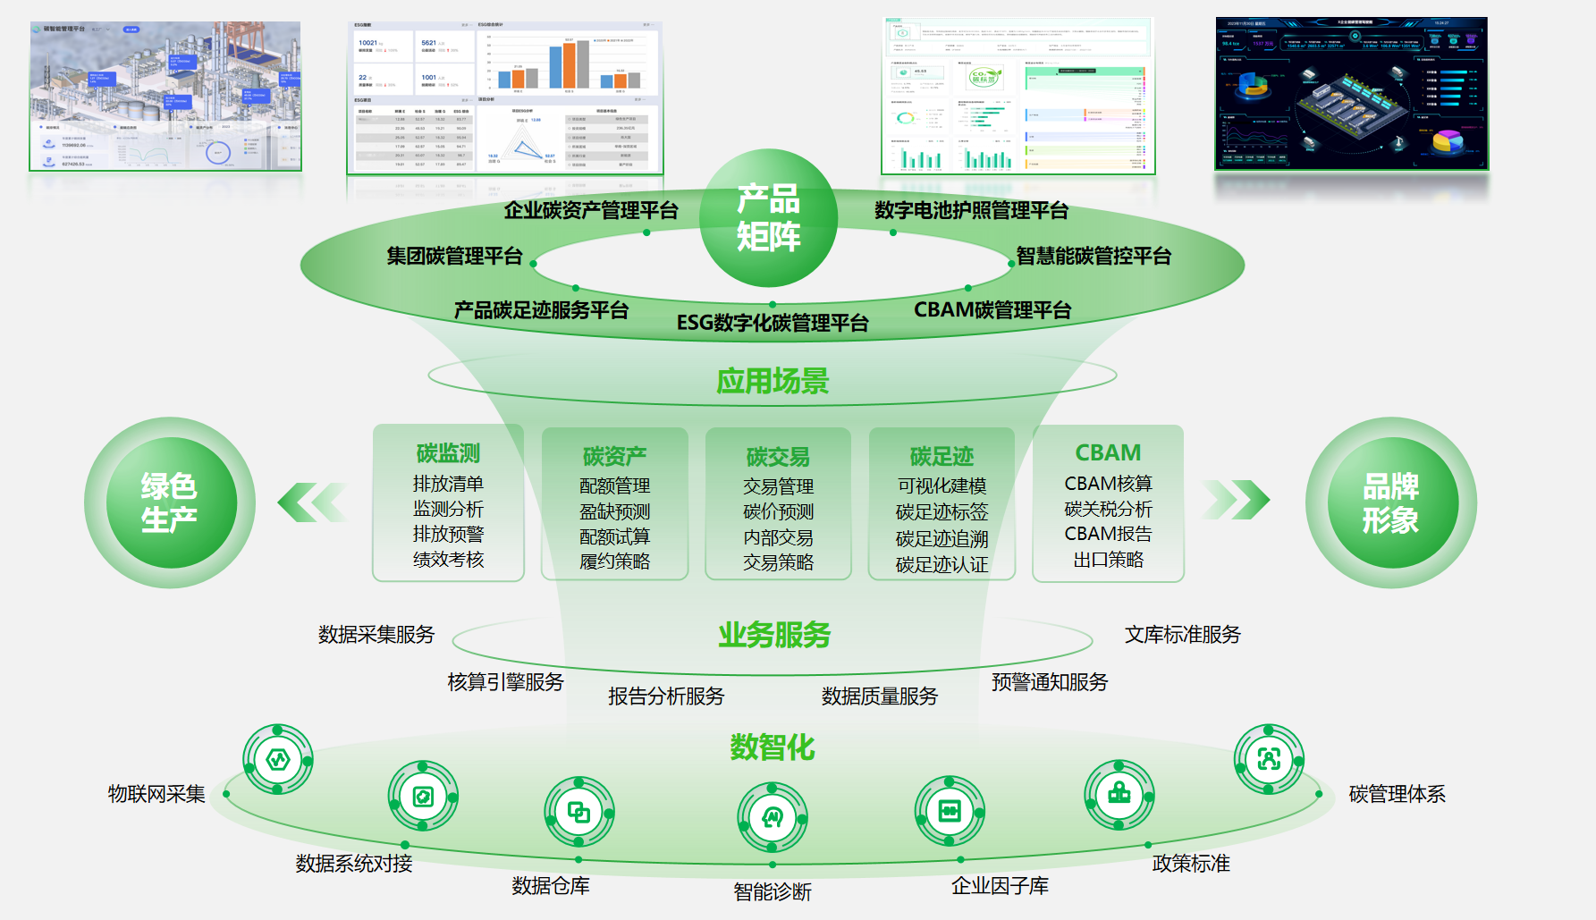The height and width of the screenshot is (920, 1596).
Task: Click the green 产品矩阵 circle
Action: pyautogui.click(x=768, y=218)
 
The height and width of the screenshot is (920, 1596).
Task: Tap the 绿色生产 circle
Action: pyautogui.click(x=170, y=502)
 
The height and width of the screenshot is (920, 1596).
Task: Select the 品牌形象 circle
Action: pyautogui.click(x=1390, y=502)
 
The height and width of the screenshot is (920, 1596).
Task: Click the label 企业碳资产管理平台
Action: pyautogui.click(x=590, y=211)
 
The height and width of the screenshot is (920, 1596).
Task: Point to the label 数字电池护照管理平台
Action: pyautogui.click(x=971, y=211)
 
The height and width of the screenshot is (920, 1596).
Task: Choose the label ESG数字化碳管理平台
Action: pyautogui.click(x=773, y=323)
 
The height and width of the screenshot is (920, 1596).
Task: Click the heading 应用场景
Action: pyautogui.click(x=773, y=381)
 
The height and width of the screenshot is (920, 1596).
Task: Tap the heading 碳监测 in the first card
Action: pyautogui.click(x=448, y=453)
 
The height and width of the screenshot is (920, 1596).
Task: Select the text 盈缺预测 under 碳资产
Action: pyautogui.click(x=614, y=511)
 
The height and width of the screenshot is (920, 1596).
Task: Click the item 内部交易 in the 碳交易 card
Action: pyautogui.click(x=778, y=537)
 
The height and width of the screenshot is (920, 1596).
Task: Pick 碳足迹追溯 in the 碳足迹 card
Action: pyautogui.click(x=942, y=538)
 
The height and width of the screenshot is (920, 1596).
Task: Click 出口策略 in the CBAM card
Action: pyautogui.click(x=1108, y=560)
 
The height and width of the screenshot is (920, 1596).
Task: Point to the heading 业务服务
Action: pyautogui.click(x=774, y=635)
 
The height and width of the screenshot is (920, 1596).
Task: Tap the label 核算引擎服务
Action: pyautogui.click(x=505, y=682)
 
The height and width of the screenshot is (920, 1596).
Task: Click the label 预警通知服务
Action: pyautogui.click(x=1049, y=682)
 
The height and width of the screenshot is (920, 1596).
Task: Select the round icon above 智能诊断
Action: pyautogui.click(x=773, y=817)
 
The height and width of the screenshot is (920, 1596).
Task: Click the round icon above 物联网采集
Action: pyautogui.click(x=278, y=760)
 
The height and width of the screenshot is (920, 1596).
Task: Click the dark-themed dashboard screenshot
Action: pyautogui.click(x=1351, y=93)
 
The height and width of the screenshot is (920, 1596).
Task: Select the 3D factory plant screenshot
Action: pyautogui.click(x=165, y=96)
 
